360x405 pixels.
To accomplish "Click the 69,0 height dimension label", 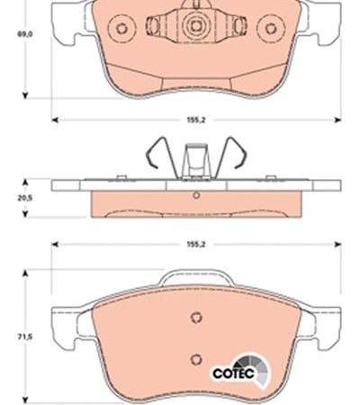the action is click(x=24, y=34).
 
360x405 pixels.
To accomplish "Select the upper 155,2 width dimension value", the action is click(x=196, y=120).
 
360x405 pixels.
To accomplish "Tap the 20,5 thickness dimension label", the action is click(x=24, y=198).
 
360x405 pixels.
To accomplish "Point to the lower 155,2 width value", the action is click(x=196, y=245).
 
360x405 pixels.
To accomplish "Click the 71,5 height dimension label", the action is click(x=24, y=337).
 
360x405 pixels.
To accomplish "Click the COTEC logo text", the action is click(x=233, y=373).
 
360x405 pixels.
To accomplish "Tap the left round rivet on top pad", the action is click(x=121, y=29).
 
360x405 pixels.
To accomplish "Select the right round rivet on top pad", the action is click(x=271, y=29).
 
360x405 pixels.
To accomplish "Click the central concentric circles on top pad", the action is click(x=196, y=26).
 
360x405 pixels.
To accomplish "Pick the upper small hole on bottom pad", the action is click(x=196, y=317).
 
